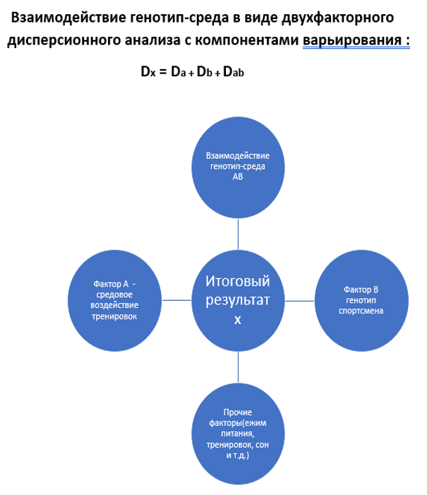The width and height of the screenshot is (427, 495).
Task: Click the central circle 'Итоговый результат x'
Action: (x=238, y=301)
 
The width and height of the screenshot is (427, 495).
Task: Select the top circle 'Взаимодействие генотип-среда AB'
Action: (x=238, y=167)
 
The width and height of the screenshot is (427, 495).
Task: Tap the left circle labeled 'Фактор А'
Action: (x=114, y=301)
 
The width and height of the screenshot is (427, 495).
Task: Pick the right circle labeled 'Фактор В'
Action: (x=361, y=301)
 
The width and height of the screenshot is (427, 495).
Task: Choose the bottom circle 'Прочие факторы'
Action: (x=238, y=434)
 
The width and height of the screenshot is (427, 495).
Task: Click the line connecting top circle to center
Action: (x=238, y=234)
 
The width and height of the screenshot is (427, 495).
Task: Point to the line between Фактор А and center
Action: (x=176, y=300)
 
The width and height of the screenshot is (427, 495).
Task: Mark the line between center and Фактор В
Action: (x=300, y=301)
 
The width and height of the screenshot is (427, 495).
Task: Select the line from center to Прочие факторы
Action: (x=238, y=367)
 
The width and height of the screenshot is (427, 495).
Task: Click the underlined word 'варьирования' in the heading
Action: (x=352, y=40)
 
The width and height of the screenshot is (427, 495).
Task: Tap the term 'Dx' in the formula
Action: (x=148, y=71)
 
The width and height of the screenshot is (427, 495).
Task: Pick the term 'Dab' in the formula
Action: (x=234, y=71)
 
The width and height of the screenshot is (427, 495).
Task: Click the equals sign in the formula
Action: (x=163, y=72)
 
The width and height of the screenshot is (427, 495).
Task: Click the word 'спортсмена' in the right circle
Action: (x=361, y=311)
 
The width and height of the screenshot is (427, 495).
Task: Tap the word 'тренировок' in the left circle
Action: (x=114, y=316)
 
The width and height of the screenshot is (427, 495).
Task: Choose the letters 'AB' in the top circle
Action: (x=238, y=177)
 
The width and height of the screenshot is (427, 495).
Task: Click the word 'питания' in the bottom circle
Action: (x=238, y=434)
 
